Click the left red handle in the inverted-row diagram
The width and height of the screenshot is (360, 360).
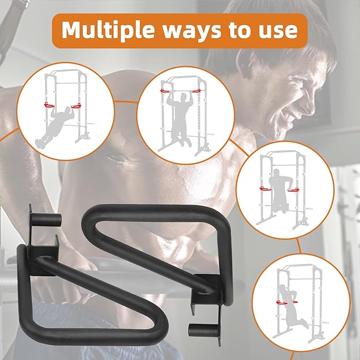[49, 106]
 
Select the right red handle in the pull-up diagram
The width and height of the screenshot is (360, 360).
[197, 91]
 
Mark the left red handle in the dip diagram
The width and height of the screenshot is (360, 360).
[266, 189]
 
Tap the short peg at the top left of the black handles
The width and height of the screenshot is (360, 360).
[46, 219]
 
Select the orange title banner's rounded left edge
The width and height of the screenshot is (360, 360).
[52, 31]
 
